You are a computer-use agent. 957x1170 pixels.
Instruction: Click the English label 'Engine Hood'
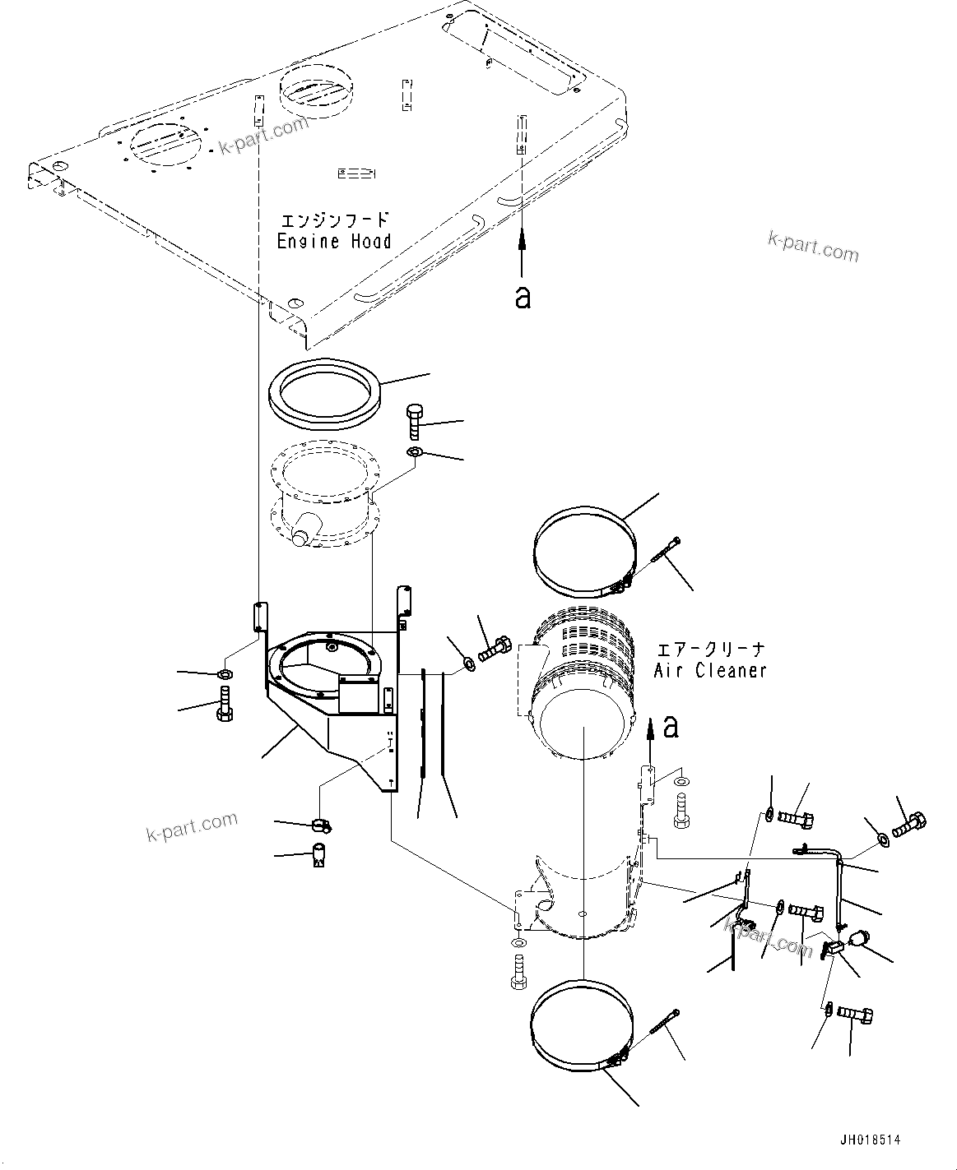pyautogui.click(x=333, y=241)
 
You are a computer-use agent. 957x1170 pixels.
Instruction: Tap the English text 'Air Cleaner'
pyautogui.click(x=710, y=671)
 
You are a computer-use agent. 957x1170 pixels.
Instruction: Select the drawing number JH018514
pyautogui.click(x=870, y=1140)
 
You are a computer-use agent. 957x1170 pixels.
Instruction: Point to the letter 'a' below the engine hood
pyautogui.click(x=523, y=298)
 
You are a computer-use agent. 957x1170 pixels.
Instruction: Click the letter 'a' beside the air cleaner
pyautogui.click(x=671, y=727)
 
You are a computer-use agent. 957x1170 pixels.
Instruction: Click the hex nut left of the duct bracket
pyautogui.click(x=224, y=675)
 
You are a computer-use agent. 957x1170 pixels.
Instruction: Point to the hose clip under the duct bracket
pyautogui.click(x=320, y=823)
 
